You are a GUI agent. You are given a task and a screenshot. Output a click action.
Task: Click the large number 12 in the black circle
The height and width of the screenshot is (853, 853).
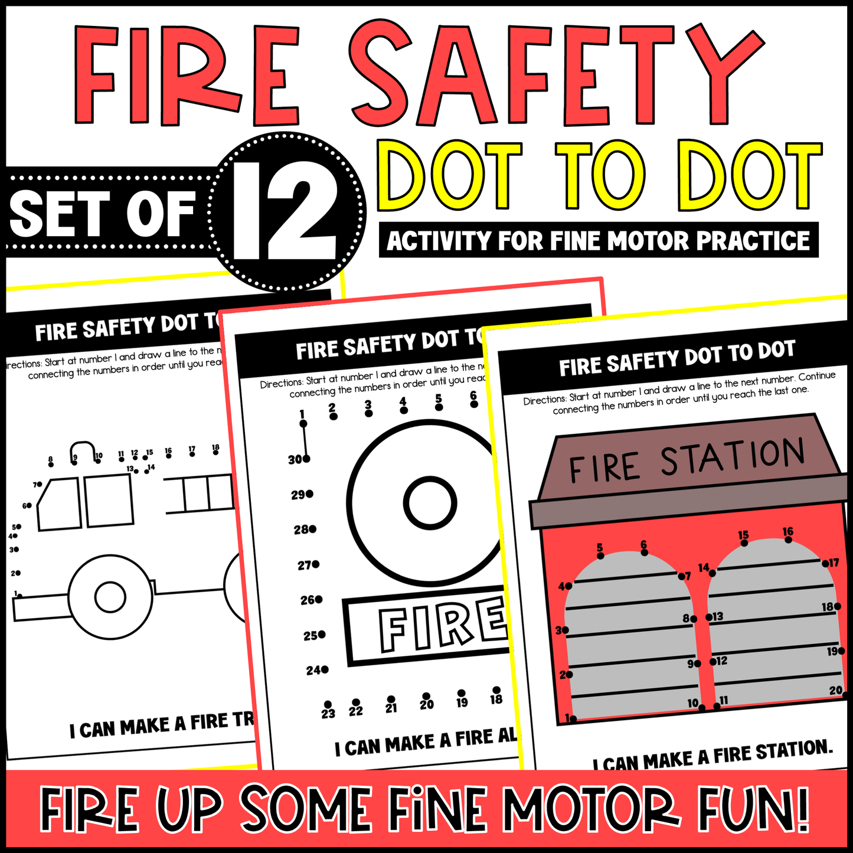(286, 211)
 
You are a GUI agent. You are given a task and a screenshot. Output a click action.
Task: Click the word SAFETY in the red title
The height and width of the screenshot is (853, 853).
(555, 74)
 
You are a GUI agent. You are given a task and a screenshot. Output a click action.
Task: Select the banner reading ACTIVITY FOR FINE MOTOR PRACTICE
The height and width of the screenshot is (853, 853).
(598, 240)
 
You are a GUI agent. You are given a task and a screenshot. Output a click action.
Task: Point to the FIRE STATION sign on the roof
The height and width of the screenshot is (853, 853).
(687, 460)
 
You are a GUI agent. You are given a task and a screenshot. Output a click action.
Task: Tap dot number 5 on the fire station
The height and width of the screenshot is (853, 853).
(600, 555)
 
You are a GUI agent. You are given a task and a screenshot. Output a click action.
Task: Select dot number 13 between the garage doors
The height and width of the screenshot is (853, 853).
(709, 617)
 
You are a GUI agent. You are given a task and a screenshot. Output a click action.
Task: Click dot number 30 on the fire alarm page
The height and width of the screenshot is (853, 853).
(306, 459)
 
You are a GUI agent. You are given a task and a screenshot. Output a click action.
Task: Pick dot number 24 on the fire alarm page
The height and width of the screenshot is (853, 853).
(325, 670)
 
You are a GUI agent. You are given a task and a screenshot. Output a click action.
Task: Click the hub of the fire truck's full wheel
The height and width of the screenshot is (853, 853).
(110, 597)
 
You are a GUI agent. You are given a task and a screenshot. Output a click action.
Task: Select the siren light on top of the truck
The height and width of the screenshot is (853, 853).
(83, 451)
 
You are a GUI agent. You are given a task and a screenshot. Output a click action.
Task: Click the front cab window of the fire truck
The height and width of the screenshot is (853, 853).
(59, 505)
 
